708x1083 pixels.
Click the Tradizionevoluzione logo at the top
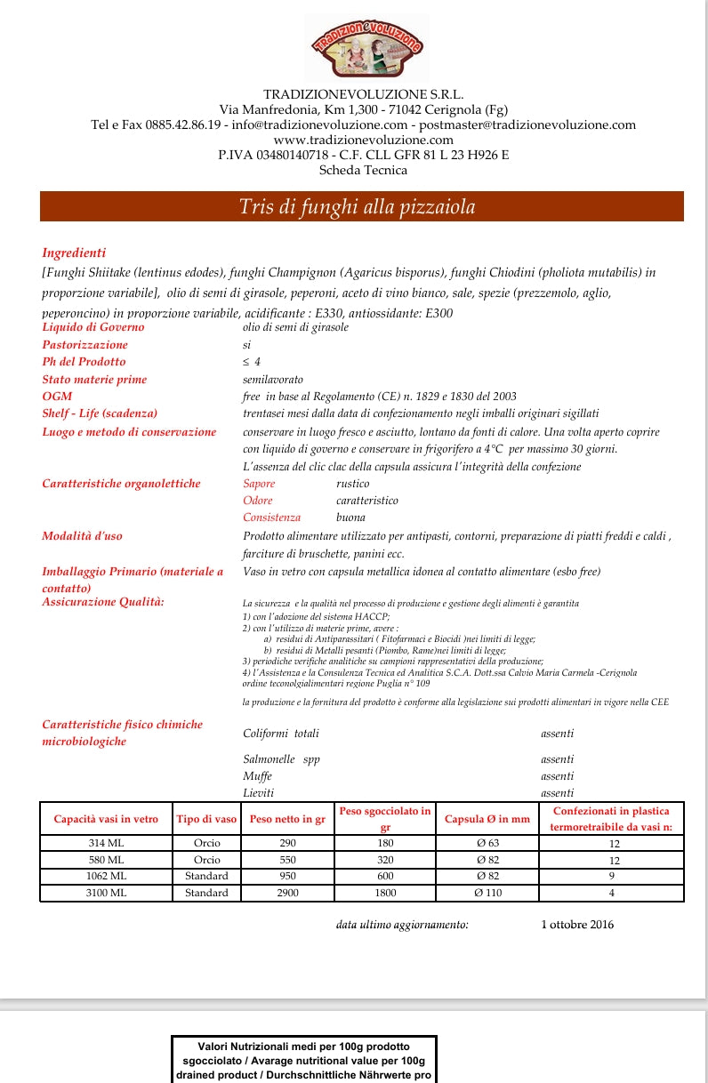point(366,49)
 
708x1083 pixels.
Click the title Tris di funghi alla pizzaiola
point(357,207)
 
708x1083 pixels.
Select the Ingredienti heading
point(74,253)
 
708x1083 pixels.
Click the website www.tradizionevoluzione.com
point(363,140)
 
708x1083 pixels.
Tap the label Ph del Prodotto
point(84,362)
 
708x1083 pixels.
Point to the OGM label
point(57,397)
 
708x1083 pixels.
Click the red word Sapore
point(259,484)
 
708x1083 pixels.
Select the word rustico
point(352,484)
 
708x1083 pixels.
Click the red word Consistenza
point(271,517)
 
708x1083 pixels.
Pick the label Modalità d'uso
point(82,536)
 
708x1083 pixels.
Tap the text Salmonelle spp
point(281,759)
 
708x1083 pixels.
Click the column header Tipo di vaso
point(206,819)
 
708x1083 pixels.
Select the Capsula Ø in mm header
point(487,819)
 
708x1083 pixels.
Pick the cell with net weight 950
point(287,876)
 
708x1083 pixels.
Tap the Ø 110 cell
point(487,893)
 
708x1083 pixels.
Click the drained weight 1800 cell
point(385,893)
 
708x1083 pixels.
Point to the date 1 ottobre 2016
point(577,925)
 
